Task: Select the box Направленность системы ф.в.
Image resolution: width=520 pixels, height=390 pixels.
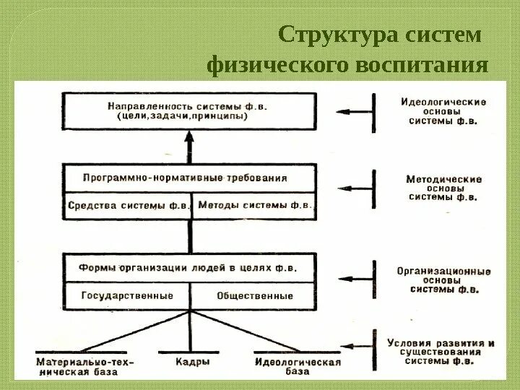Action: [x=189, y=110]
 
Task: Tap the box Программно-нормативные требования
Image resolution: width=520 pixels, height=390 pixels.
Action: [x=189, y=177]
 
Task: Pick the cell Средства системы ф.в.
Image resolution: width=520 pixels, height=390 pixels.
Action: [x=128, y=205]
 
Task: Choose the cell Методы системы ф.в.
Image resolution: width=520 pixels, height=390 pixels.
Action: [x=254, y=205]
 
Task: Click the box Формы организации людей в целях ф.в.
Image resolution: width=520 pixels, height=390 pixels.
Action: [x=189, y=266]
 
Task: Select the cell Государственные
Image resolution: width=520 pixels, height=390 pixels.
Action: [x=128, y=295]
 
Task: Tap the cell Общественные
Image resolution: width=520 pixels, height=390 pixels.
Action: [x=254, y=295]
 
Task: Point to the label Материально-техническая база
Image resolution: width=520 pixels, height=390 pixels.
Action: [x=85, y=365]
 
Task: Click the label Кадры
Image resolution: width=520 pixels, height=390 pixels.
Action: [x=193, y=361]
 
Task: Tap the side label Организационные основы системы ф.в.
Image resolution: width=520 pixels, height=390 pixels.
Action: [x=443, y=280]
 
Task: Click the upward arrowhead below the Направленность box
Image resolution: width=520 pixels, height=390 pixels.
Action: [x=189, y=138]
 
